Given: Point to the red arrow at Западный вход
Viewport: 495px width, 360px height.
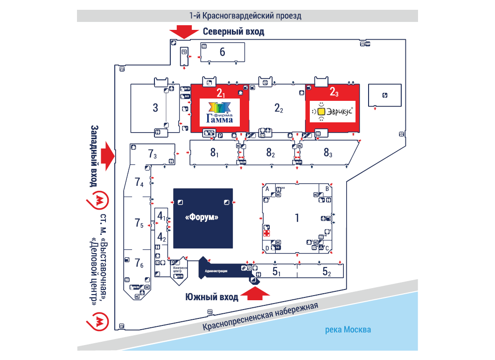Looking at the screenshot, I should [108, 156].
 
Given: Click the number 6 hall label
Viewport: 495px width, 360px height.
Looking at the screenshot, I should [223, 52].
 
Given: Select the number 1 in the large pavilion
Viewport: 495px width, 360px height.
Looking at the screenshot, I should [297, 218].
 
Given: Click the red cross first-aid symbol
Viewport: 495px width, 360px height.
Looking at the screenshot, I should [266, 233].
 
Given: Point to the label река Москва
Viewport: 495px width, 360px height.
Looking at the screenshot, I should [348, 330].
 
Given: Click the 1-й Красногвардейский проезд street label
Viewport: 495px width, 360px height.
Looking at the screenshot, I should [245, 15].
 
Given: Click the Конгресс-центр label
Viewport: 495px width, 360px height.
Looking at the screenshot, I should [180, 269].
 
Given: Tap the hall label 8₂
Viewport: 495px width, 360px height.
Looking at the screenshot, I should [271, 152].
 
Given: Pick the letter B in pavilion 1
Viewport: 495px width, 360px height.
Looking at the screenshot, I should [328, 189].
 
